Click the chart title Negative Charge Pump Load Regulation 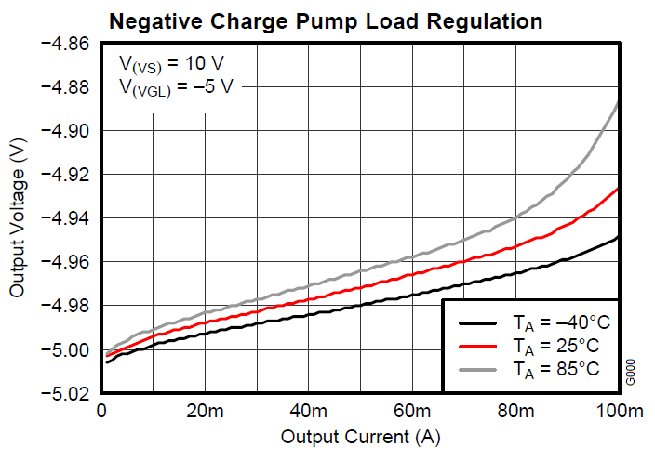click(326, 20)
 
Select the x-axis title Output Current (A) click(360, 436)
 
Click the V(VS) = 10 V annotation click(171, 64)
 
